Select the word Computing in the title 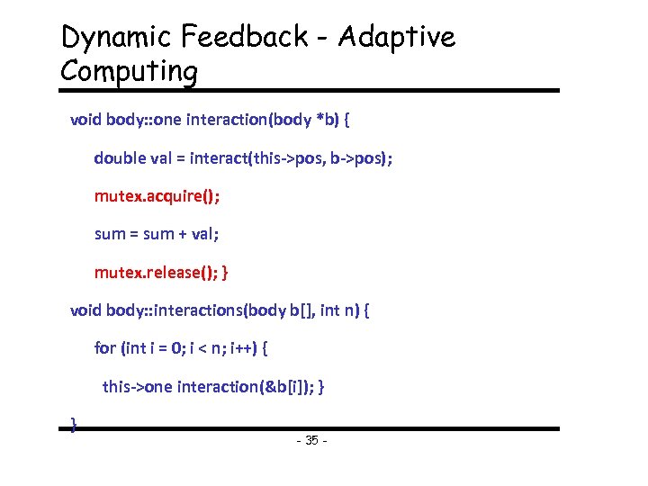pos(128,72)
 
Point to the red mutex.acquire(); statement pos(157,195)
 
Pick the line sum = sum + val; pos(157,233)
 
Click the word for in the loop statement pos(104,347)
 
